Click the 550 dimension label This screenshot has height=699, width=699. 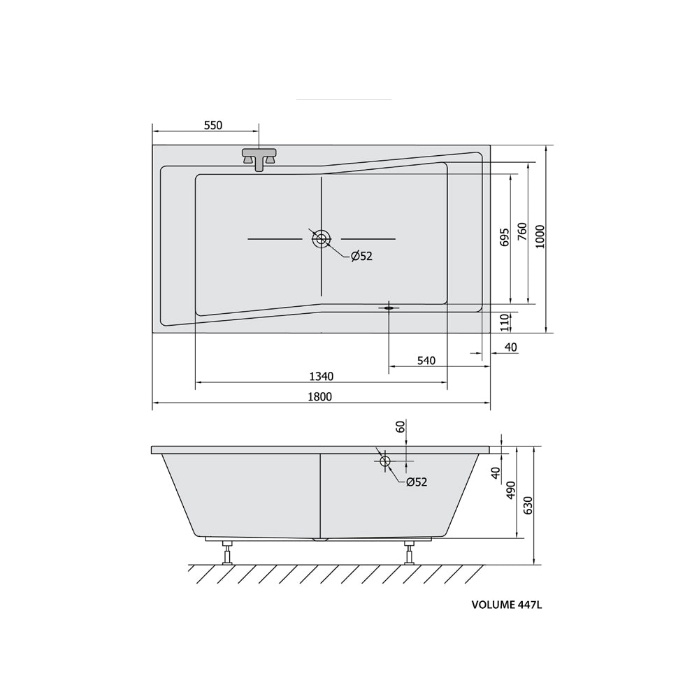tap(213, 125)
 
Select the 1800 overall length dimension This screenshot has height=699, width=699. tap(320, 396)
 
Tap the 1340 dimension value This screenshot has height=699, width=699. tap(322, 377)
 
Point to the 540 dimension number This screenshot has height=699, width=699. tap(426, 360)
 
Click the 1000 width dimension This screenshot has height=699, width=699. tap(540, 237)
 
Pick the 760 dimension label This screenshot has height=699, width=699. tap(522, 232)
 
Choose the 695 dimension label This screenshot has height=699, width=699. tap(505, 238)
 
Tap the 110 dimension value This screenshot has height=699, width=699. tap(505, 322)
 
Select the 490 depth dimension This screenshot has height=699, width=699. tap(511, 491)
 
